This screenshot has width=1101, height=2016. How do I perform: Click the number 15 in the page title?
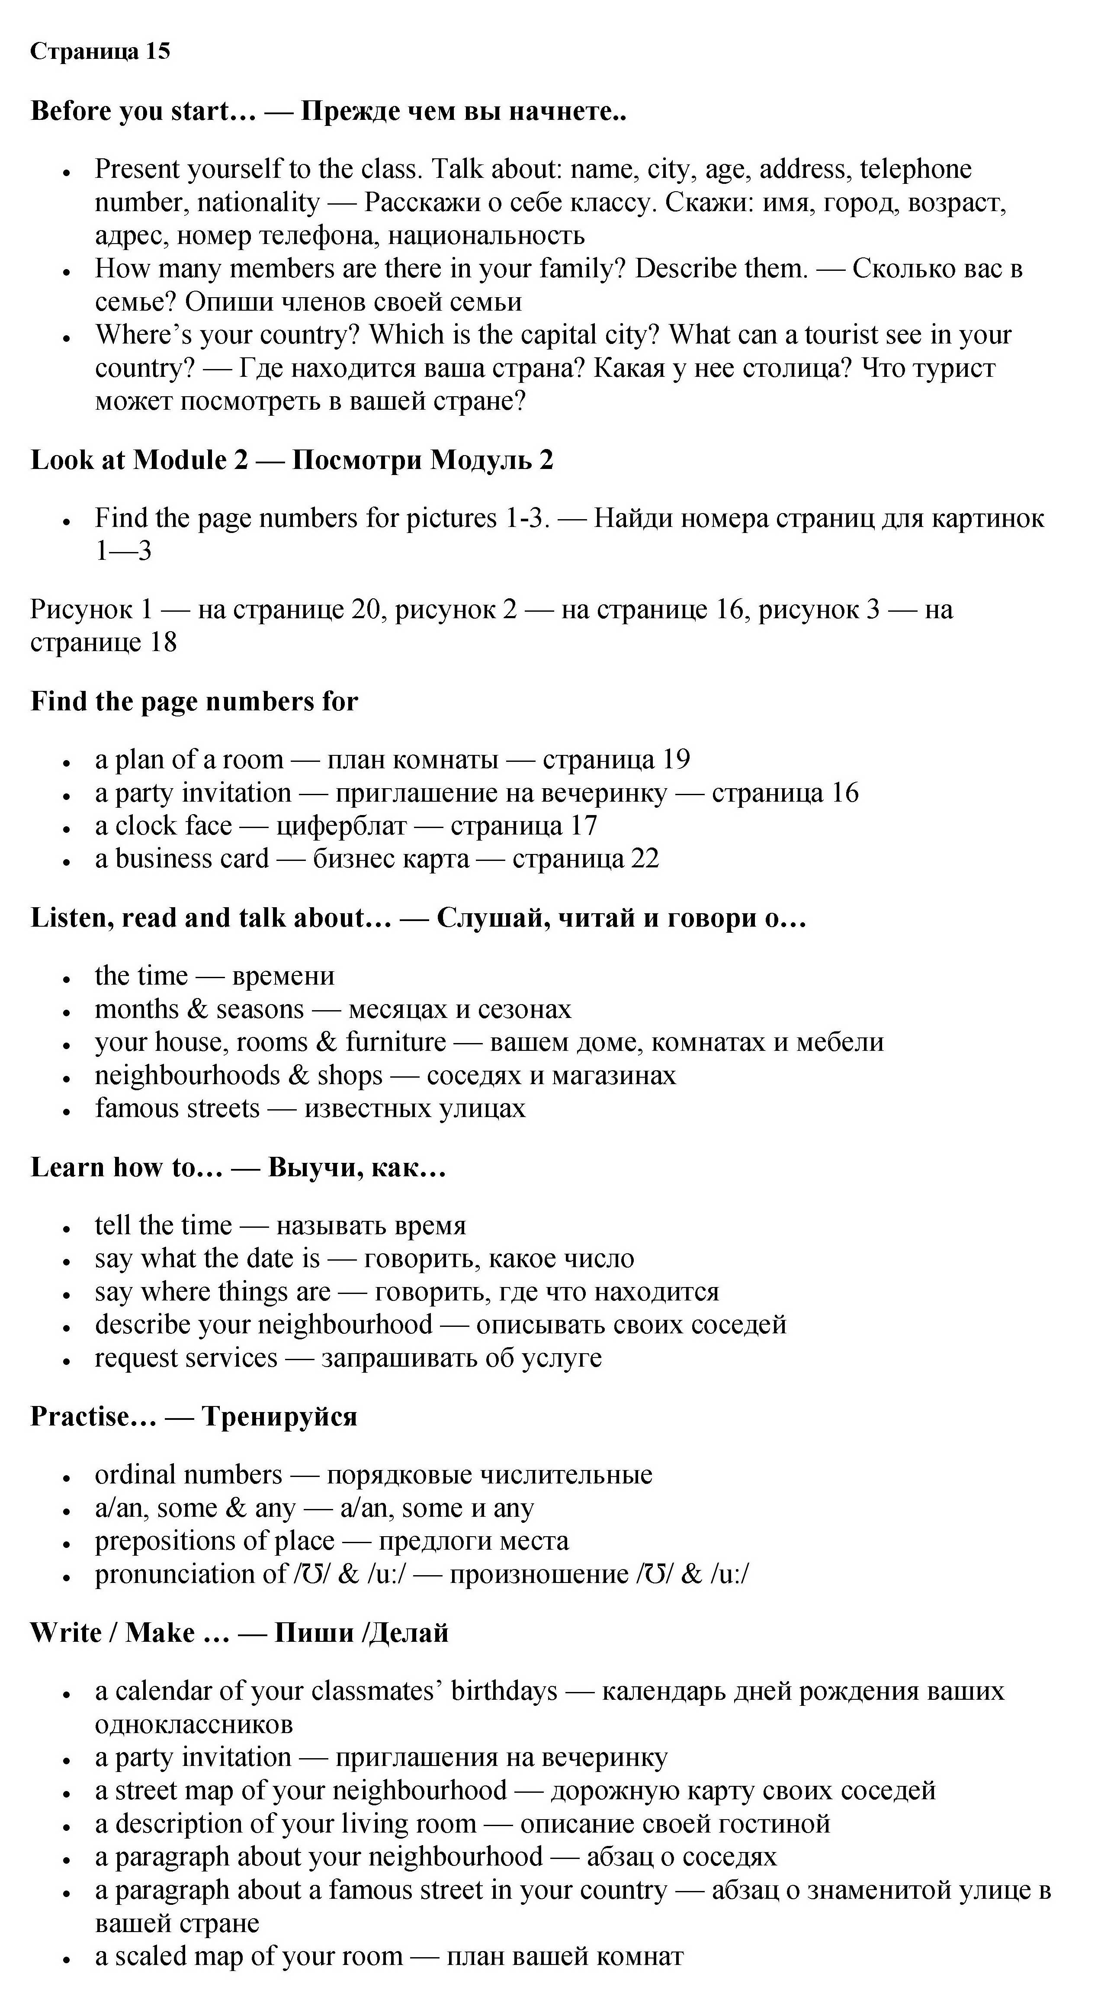(x=157, y=51)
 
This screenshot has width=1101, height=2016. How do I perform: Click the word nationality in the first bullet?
(x=258, y=203)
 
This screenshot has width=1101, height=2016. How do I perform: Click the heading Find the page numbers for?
(x=194, y=701)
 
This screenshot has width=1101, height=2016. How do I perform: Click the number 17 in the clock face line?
(x=584, y=826)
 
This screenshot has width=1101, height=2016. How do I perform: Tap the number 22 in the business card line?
(x=645, y=858)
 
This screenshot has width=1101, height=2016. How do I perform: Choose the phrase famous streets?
(x=177, y=1109)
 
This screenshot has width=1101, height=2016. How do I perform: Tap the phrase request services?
(x=186, y=1358)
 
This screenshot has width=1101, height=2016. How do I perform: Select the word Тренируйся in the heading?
(x=279, y=1416)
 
